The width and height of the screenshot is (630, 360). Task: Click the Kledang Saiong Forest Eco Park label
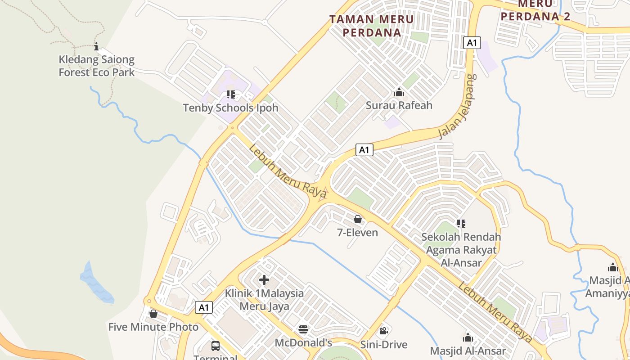tap(97, 66)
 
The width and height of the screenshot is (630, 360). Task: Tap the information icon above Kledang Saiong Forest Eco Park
tap(96, 46)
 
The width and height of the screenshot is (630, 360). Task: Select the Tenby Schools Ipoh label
tap(230, 108)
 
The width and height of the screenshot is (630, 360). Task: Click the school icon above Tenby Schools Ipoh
tap(231, 94)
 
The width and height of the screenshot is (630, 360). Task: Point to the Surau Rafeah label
tap(399, 105)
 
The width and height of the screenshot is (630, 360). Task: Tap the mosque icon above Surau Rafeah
tap(399, 93)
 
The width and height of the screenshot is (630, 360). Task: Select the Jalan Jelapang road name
tap(458, 106)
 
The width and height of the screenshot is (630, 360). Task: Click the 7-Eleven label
tap(358, 233)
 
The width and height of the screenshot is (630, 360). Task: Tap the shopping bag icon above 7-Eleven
tap(358, 219)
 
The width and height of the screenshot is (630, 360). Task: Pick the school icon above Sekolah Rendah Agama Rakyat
tap(461, 223)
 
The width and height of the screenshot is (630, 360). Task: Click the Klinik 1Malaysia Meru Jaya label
tap(264, 300)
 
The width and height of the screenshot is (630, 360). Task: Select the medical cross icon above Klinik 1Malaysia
tap(264, 280)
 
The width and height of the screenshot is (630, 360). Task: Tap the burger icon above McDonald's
tap(304, 329)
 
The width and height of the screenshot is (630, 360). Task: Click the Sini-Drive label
tap(384, 345)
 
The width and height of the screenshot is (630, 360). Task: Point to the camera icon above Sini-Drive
tap(383, 331)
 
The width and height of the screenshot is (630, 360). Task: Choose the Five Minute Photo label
tap(153, 327)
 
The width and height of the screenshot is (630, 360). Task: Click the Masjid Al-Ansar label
tap(468, 351)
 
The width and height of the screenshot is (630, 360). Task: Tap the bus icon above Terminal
tap(216, 346)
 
